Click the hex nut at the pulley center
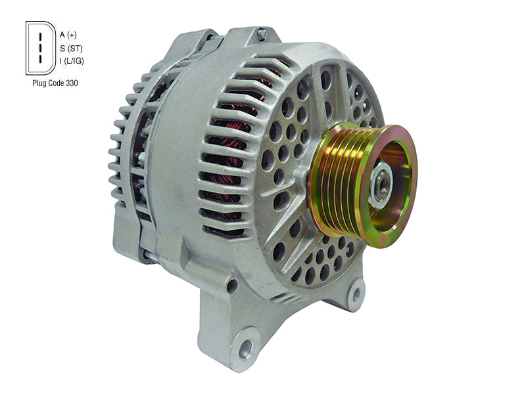click(x=383, y=184)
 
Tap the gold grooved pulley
click(x=363, y=185)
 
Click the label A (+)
click(x=68, y=35)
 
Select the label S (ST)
click(x=71, y=49)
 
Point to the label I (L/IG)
click(x=72, y=61)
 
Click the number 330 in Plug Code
click(x=72, y=83)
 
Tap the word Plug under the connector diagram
click(x=39, y=83)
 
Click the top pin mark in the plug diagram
click(x=40, y=36)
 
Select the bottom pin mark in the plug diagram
click(x=40, y=59)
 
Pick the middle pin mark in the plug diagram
click(x=40, y=47)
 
